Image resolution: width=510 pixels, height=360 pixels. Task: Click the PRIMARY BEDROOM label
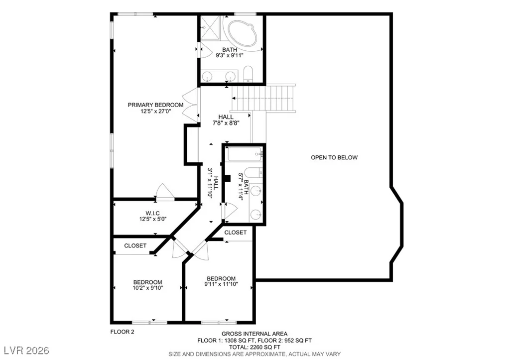(x=155, y=105)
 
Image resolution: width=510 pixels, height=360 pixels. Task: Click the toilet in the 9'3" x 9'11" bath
(x=248, y=74)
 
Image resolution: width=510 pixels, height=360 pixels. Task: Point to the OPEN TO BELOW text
(x=334, y=158)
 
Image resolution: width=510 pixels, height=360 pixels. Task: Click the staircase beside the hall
(x=263, y=98)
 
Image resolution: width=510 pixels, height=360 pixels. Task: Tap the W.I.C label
(x=152, y=213)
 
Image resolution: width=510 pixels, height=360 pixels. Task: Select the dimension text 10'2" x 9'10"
(x=147, y=288)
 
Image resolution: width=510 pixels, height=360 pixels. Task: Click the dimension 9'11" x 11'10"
(x=221, y=284)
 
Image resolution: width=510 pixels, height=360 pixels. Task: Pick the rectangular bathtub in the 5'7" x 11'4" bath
(x=245, y=154)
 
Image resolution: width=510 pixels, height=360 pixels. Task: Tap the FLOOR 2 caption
(x=123, y=332)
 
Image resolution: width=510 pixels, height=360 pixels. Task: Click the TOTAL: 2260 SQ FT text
(x=255, y=348)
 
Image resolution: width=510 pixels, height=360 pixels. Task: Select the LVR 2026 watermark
(x=27, y=351)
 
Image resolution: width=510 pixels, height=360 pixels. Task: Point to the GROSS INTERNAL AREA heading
(x=255, y=334)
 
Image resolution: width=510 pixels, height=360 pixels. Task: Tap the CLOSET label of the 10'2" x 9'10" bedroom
(x=135, y=246)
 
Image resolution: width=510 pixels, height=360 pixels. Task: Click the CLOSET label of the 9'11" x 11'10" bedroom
(x=235, y=233)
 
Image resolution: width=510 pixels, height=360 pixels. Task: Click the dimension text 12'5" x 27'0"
(x=155, y=111)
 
